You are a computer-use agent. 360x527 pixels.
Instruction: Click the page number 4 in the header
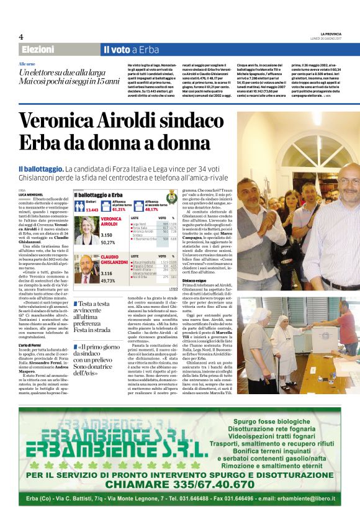20,37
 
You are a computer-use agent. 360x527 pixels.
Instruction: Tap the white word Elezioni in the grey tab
37,50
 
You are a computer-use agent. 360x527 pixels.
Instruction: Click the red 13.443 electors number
92,210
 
